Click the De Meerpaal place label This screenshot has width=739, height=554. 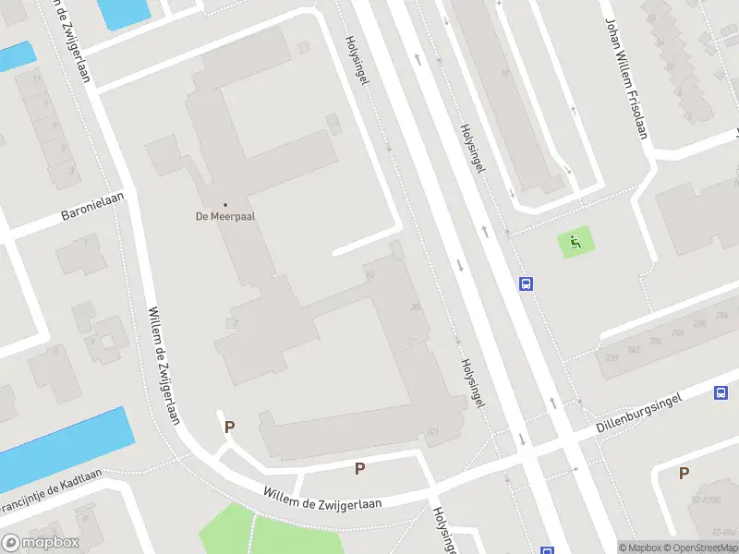click(224, 216)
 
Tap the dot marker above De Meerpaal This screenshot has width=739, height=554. click(224, 204)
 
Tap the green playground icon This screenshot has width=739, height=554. click(575, 244)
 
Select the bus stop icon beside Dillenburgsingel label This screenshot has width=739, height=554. click(721, 393)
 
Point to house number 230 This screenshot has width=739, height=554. click(612, 357)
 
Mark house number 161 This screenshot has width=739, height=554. click(432, 431)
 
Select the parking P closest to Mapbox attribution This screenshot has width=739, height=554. click(684, 474)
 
